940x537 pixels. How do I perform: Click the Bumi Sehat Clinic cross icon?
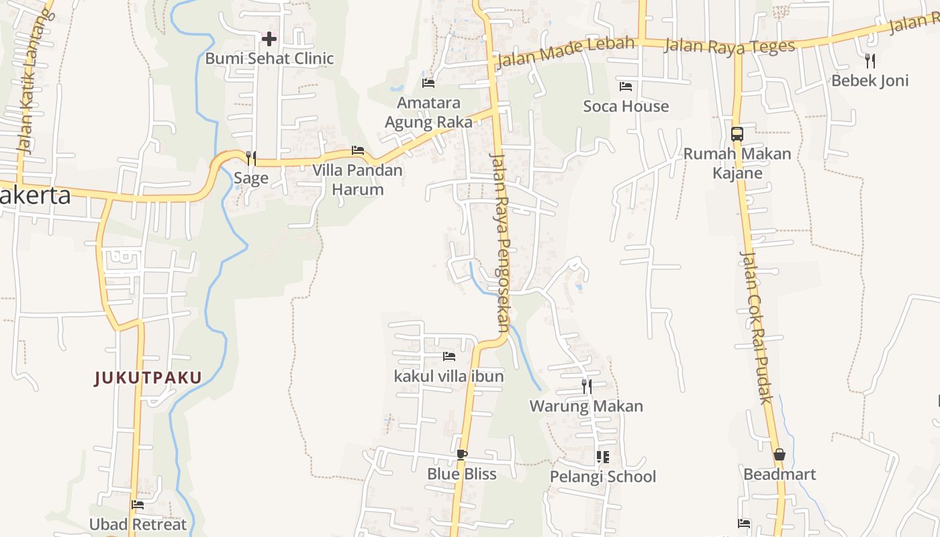click(269, 39)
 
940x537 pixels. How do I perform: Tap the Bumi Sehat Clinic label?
click(269, 58)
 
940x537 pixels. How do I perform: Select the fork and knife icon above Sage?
click(251, 158)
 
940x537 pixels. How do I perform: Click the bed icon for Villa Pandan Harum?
click(358, 150)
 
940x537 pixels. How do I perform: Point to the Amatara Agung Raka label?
click(428, 112)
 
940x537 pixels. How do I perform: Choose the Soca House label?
click(626, 106)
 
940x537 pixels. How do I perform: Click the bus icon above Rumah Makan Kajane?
click(737, 134)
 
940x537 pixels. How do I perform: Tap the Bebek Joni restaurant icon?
click(870, 61)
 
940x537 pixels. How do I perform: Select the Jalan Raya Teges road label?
click(729, 46)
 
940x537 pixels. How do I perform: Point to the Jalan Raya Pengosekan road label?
click(501, 242)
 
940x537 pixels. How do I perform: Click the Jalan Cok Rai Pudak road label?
click(756, 327)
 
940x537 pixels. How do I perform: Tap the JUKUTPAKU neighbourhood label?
click(148, 378)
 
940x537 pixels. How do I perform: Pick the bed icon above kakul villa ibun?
click(449, 356)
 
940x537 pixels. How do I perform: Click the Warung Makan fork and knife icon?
click(587, 386)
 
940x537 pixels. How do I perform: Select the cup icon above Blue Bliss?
click(461, 454)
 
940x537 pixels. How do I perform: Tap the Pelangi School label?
click(603, 477)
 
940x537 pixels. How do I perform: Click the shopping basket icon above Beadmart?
click(780, 455)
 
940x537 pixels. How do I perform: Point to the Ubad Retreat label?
click(138, 524)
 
